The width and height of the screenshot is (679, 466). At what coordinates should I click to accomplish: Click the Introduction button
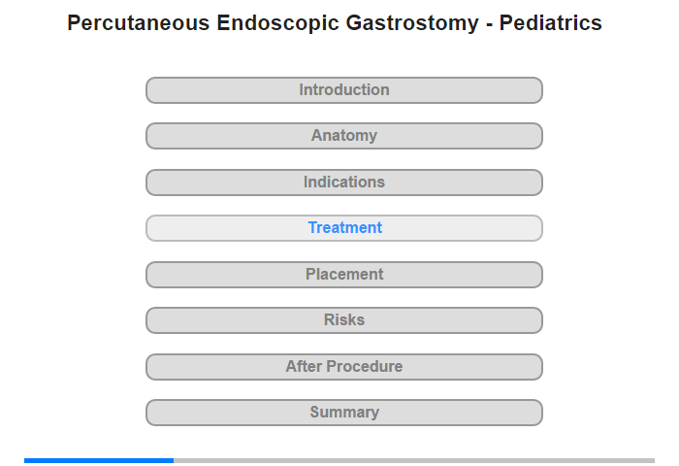coord(344,90)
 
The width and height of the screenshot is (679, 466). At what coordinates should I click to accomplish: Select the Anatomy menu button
coord(344,136)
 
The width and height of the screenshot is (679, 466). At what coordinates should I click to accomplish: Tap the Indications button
coord(344,183)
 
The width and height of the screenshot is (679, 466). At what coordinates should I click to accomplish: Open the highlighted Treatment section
coord(344,228)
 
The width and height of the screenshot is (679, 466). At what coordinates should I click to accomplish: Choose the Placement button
coord(344,275)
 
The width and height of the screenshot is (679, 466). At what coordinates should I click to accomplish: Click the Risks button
coord(344,320)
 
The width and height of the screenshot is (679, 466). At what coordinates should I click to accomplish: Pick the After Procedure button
coord(344,367)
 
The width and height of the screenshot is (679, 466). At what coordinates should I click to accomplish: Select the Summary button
coord(344,413)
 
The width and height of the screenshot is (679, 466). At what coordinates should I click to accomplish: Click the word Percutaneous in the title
coord(139,23)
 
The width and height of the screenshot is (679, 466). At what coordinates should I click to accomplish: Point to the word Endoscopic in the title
coord(277,24)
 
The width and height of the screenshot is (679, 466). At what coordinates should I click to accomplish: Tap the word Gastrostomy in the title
coord(412,24)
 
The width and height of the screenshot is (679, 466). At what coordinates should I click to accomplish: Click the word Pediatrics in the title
coord(550,23)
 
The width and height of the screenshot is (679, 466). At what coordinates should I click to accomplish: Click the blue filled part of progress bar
coord(99,460)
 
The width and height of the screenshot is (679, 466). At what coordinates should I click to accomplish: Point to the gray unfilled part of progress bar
coord(414,460)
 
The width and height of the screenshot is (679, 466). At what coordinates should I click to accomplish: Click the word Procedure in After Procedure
coord(365,367)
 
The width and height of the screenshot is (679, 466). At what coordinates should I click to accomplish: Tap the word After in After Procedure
coord(304,367)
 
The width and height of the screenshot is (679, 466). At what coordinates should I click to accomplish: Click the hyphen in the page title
coord(489,24)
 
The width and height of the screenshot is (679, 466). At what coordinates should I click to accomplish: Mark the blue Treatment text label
coord(345,227)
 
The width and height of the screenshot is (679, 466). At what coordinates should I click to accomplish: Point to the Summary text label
coord(344,413)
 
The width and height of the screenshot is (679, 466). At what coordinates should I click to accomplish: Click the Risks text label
coord(344,320)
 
